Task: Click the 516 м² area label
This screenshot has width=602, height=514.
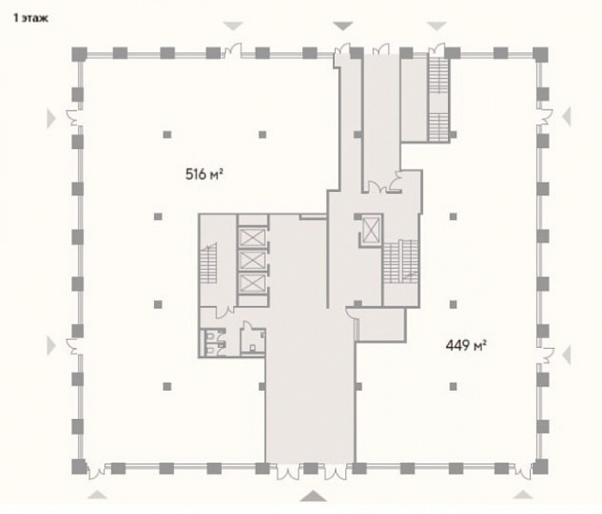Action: click(x=205, y=175)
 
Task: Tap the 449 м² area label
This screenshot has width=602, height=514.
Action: click(x=466, y=345)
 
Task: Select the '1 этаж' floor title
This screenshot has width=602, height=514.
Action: click(x=31, y=18)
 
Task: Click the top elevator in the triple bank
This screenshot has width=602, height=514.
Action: click(x=253, y=237)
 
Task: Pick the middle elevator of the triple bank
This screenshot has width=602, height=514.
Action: click(x=253, y=260)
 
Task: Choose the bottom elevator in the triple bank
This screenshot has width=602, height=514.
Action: click(x=253, y=283)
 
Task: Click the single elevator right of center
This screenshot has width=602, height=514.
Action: click(x=371, y=230)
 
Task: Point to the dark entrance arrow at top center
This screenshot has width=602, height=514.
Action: click(x=343, y=26)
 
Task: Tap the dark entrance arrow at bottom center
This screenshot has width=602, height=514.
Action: click(x=313, y=496)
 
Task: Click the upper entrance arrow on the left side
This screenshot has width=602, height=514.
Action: click(x=51, y=117)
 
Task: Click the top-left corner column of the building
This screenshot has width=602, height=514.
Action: click(x=79, y=54)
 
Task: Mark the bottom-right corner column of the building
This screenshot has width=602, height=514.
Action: click(x=540, y=466)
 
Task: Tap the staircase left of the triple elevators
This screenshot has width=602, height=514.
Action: click(x=208, y=264)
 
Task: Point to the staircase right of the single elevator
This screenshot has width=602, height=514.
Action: click(x=400, y=261)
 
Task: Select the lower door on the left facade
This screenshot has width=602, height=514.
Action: click(x=74, y=347)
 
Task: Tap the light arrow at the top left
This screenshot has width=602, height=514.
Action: click(x=234, y=26)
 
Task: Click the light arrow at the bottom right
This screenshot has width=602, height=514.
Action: click(x=523, y=495)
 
